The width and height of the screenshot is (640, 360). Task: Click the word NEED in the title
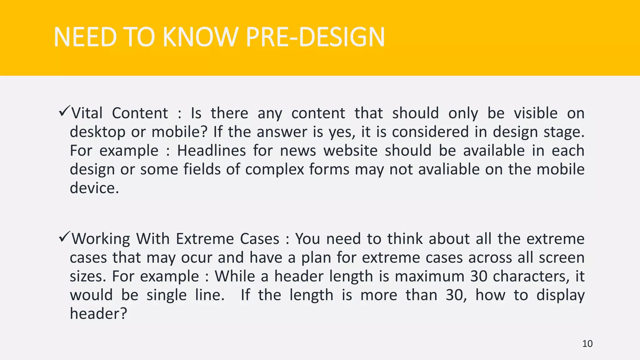coord(85,37)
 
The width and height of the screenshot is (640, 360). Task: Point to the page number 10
coord(587,344)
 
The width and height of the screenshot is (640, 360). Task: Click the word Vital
coord(87,113)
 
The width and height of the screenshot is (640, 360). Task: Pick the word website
coord(350,151)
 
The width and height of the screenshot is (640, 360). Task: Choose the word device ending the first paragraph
coord(94,188)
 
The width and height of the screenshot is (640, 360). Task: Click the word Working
coord(101,239)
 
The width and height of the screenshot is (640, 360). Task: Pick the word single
coord(167,295)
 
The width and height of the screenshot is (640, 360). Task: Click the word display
coord(560,295)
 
